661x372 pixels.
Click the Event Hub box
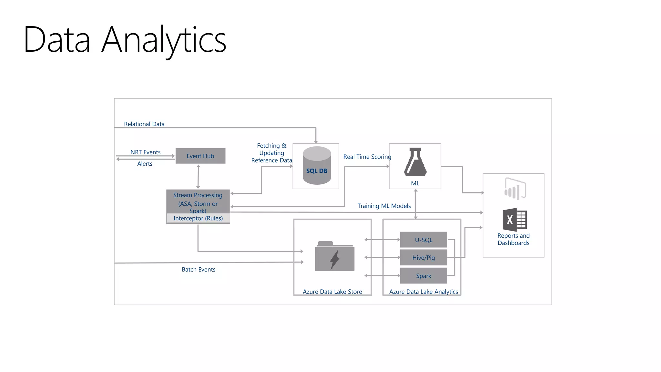click(x=200, y=156)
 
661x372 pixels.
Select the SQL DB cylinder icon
click(x=317, y=166)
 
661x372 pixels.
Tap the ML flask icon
click(x=415, y=162)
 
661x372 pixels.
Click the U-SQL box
click(x=423, y=240)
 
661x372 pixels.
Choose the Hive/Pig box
click(x=423, y=257)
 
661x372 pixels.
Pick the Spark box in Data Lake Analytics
click(x=423, y=276)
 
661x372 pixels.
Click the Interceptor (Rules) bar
click(x=198, y=218)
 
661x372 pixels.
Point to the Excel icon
click(x=514, y=220)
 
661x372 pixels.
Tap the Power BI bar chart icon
click(x=515, y=189)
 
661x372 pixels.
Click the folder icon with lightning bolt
click(x=335, y=256)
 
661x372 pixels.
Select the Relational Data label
click(x=144, y=124)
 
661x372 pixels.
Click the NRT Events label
click(x=145, y=152)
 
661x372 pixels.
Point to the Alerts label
click(x=145, y=164)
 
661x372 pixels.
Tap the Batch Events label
click(x=198, y=269)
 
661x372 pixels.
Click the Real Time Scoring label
click(x=367, y=157)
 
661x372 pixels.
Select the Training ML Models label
click(x=384, y=206)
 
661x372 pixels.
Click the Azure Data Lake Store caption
click(x=332, y=292)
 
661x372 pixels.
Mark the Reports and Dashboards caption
click(x=514, y=239)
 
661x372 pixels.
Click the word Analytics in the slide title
click(x=164, y=40)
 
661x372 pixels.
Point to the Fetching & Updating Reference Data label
click(x=272, y=153)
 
